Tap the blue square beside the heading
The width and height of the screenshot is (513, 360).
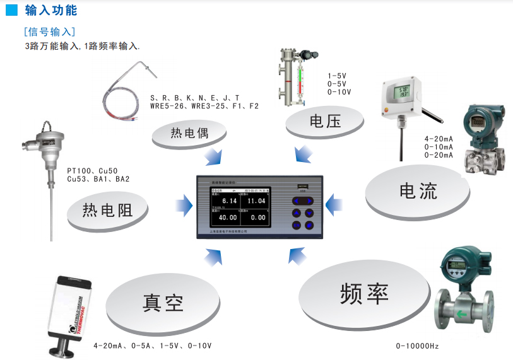click(11, 11)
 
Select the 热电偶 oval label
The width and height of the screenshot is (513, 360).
click(189, 133)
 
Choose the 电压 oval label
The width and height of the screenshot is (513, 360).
click(325, 120)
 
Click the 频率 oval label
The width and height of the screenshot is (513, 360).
click(364, 293)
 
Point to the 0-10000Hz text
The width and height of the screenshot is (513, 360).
click(417, 346)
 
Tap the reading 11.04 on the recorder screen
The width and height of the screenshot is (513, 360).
click(257, 200)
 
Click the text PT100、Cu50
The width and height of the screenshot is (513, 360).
click(92, 171)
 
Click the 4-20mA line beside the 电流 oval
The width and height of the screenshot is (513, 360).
click(439, 139)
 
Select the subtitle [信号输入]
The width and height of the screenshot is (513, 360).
click(49, 32)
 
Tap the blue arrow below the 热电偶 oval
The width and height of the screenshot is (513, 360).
click(215, 154)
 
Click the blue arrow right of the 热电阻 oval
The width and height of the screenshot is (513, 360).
click(184, 203)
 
